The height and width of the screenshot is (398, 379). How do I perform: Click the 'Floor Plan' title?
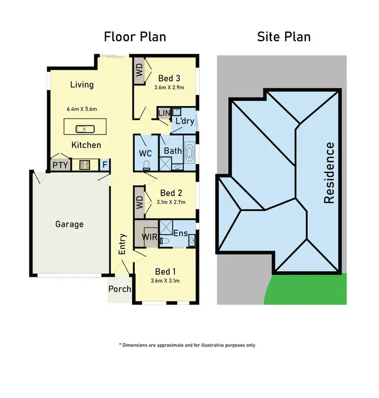[134, 37]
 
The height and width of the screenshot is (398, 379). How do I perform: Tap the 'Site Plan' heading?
[283, 37]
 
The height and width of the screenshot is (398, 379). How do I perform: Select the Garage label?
[69, 224]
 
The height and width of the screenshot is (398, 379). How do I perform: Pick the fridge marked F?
[105, 164]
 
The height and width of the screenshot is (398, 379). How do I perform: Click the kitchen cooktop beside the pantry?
[84, 164]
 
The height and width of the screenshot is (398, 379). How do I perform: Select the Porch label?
[120, 289]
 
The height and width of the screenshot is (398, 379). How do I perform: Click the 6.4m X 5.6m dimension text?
[81, 109]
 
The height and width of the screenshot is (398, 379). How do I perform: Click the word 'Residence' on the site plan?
[329, 173]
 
